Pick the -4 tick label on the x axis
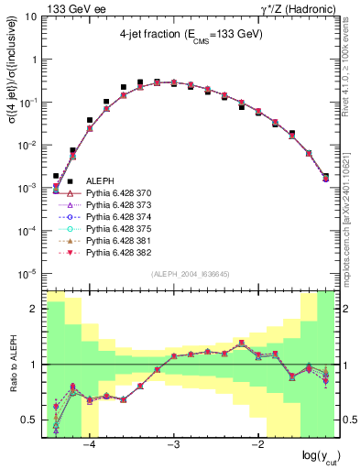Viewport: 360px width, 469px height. click(89, 446)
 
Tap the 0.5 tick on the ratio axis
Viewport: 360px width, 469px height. click(31, 420)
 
